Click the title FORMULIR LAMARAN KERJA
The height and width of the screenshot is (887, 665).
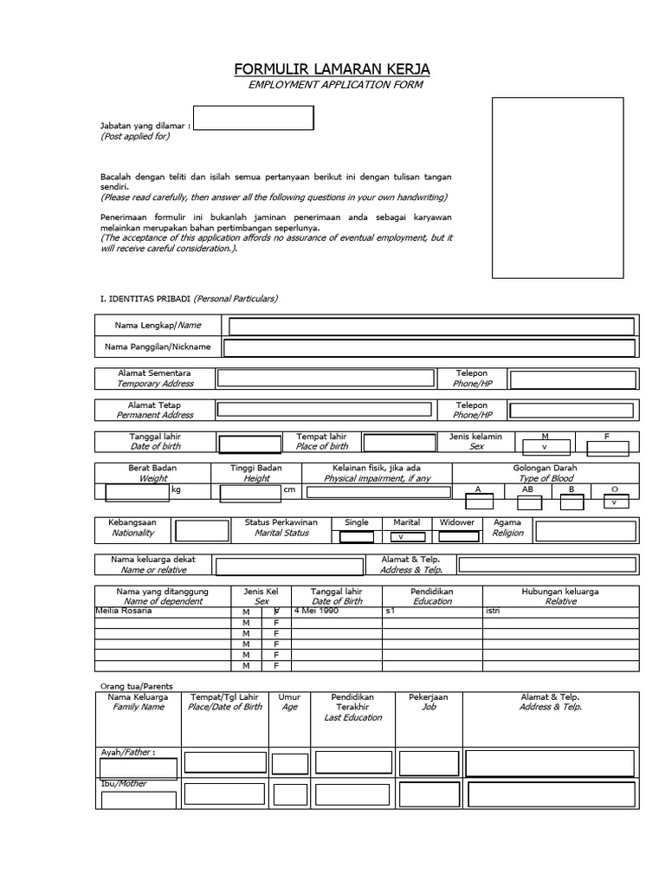pyautogui.click(x=332, y=69)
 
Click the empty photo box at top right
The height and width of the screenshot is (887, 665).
pyautogui.click(x=558, y=187)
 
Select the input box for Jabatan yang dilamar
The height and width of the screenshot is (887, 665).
pyautogui.click(x=253, y=119)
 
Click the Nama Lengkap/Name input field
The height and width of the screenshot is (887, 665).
pyautogui.click(x=430, y=326)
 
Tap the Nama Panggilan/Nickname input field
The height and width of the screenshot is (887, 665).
pyautogui.click(x=429, y=347)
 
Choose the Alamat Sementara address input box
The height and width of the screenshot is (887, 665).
pyautogui.click(x=326, y=378)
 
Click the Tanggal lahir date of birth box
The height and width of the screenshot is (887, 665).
pyautogui.click(x=249, y=445)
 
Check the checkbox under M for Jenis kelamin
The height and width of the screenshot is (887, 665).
pyautogui.click(x=545, y=447)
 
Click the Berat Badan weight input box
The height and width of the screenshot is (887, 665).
pyautogui.click(x=138, y=493)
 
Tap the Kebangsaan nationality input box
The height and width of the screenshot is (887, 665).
pyautogui.click(x=202, y=531)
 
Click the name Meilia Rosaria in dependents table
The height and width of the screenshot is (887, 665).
pyautogui.click(x=122, y=611)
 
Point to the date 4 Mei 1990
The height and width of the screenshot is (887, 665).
pyautogui.click(x=317, y=611)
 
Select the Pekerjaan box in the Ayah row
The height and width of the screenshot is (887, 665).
pyautogui.click(x=429, y=762)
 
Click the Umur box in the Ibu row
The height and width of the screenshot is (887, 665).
pyautogui.click(x=289, y=793)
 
